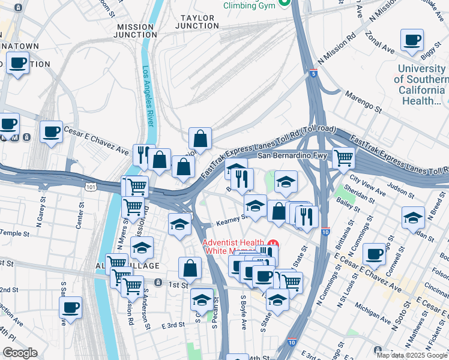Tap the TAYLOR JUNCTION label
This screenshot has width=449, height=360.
(197, 22)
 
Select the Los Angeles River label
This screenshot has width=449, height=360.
(147, 96)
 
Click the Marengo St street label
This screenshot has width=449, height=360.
(363, 101)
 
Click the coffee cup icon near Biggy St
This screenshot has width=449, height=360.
(412, 41)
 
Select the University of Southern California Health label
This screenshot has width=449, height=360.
(422, 85)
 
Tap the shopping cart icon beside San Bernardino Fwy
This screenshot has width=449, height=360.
(343, 158)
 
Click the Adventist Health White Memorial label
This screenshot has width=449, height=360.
(237, 247)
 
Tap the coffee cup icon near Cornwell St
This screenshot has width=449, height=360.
(375, 253)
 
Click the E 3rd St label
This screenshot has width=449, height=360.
(173, 325)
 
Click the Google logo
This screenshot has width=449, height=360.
(20, 353)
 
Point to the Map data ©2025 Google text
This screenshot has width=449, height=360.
(411, 355)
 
